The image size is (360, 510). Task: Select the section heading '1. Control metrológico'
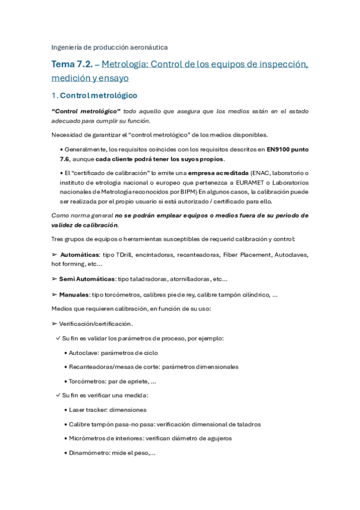coord(94,95)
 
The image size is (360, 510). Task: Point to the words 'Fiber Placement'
coord(246,254)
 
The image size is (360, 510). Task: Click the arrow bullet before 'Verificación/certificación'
coord(54,324)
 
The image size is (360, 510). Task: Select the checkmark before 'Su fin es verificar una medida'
coord(58,395)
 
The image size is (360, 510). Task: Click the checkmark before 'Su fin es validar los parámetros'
coord(58,338)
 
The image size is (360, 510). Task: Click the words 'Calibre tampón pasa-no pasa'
coord(108,424)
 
